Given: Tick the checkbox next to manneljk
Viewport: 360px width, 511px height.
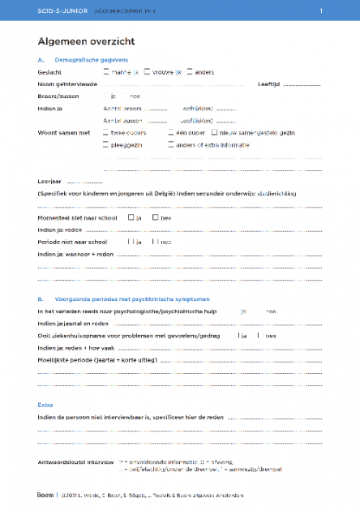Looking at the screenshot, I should pyautogui.click(x=106, y=71).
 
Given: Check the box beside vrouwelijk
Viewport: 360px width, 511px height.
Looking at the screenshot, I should pyautogui.click(x=147, y=71).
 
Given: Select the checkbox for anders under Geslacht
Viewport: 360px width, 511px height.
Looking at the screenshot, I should pyautogui.click(x=190, y=71).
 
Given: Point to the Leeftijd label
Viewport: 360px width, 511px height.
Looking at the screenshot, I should pyautogui.click(x=269, y=84).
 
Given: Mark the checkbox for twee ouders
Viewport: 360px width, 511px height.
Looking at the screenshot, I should pyautogui.click(x=106, y=131).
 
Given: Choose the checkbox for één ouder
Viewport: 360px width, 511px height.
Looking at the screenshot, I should pyautogui.click(x=171, y=131).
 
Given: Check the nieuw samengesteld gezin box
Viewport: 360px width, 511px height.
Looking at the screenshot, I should pyautogui.click(x=214, y=131).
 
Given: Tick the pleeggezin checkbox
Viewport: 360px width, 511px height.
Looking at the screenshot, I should pyautogui.click(x=106, y=144).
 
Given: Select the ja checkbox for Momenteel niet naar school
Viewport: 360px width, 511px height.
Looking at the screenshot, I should pyautogui.click(x=131, y=217).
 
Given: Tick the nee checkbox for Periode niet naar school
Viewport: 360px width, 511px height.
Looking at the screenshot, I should pyautogui.click(x=154, y=242).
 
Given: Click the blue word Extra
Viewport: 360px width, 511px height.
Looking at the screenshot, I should pyautogui.click(x=45, y=403).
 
